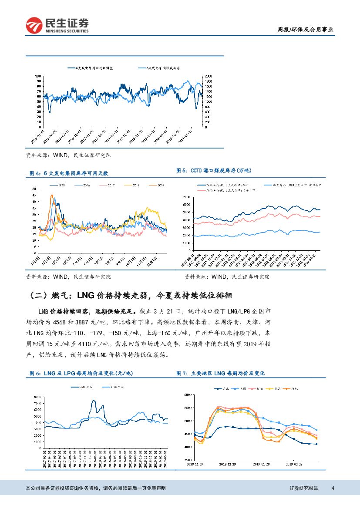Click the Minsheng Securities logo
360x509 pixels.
point(57,25)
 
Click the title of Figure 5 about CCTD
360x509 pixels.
point(214,171)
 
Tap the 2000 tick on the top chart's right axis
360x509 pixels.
point(209,76)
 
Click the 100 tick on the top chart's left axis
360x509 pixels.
point(38,76)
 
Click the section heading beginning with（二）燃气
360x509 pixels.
point(130,296)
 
